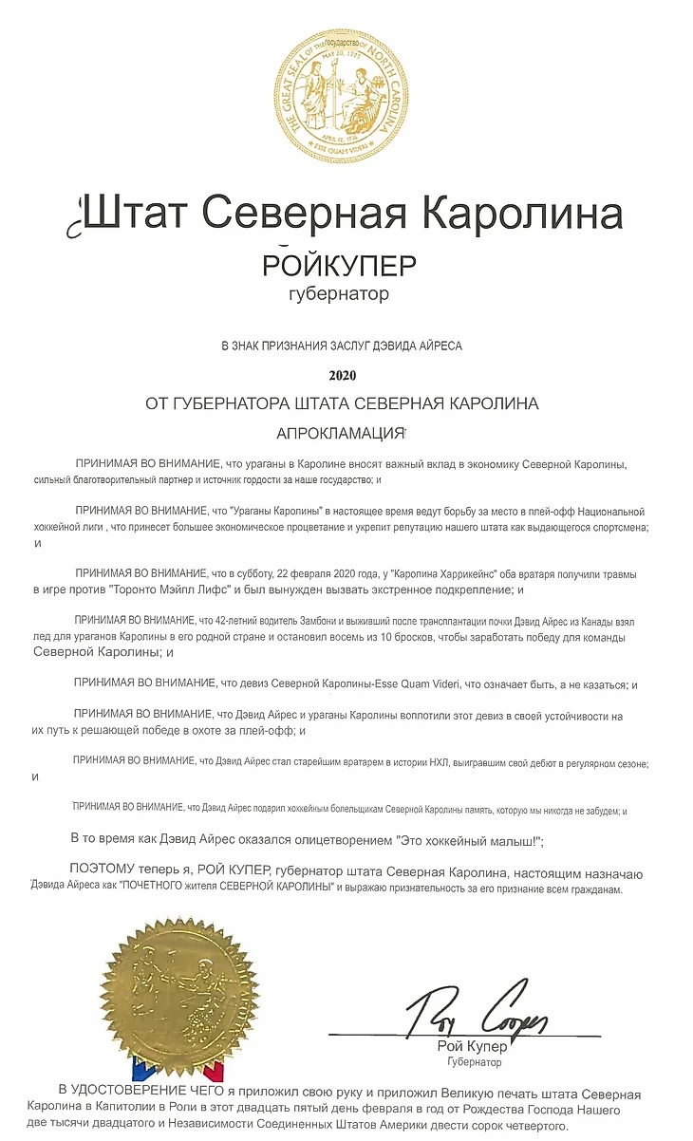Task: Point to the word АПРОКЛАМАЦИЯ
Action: click(x=340, y=433)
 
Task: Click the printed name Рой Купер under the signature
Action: click(x=472, y=1047)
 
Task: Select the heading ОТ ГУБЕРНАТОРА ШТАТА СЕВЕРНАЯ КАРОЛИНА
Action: click(x=342, y=403)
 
